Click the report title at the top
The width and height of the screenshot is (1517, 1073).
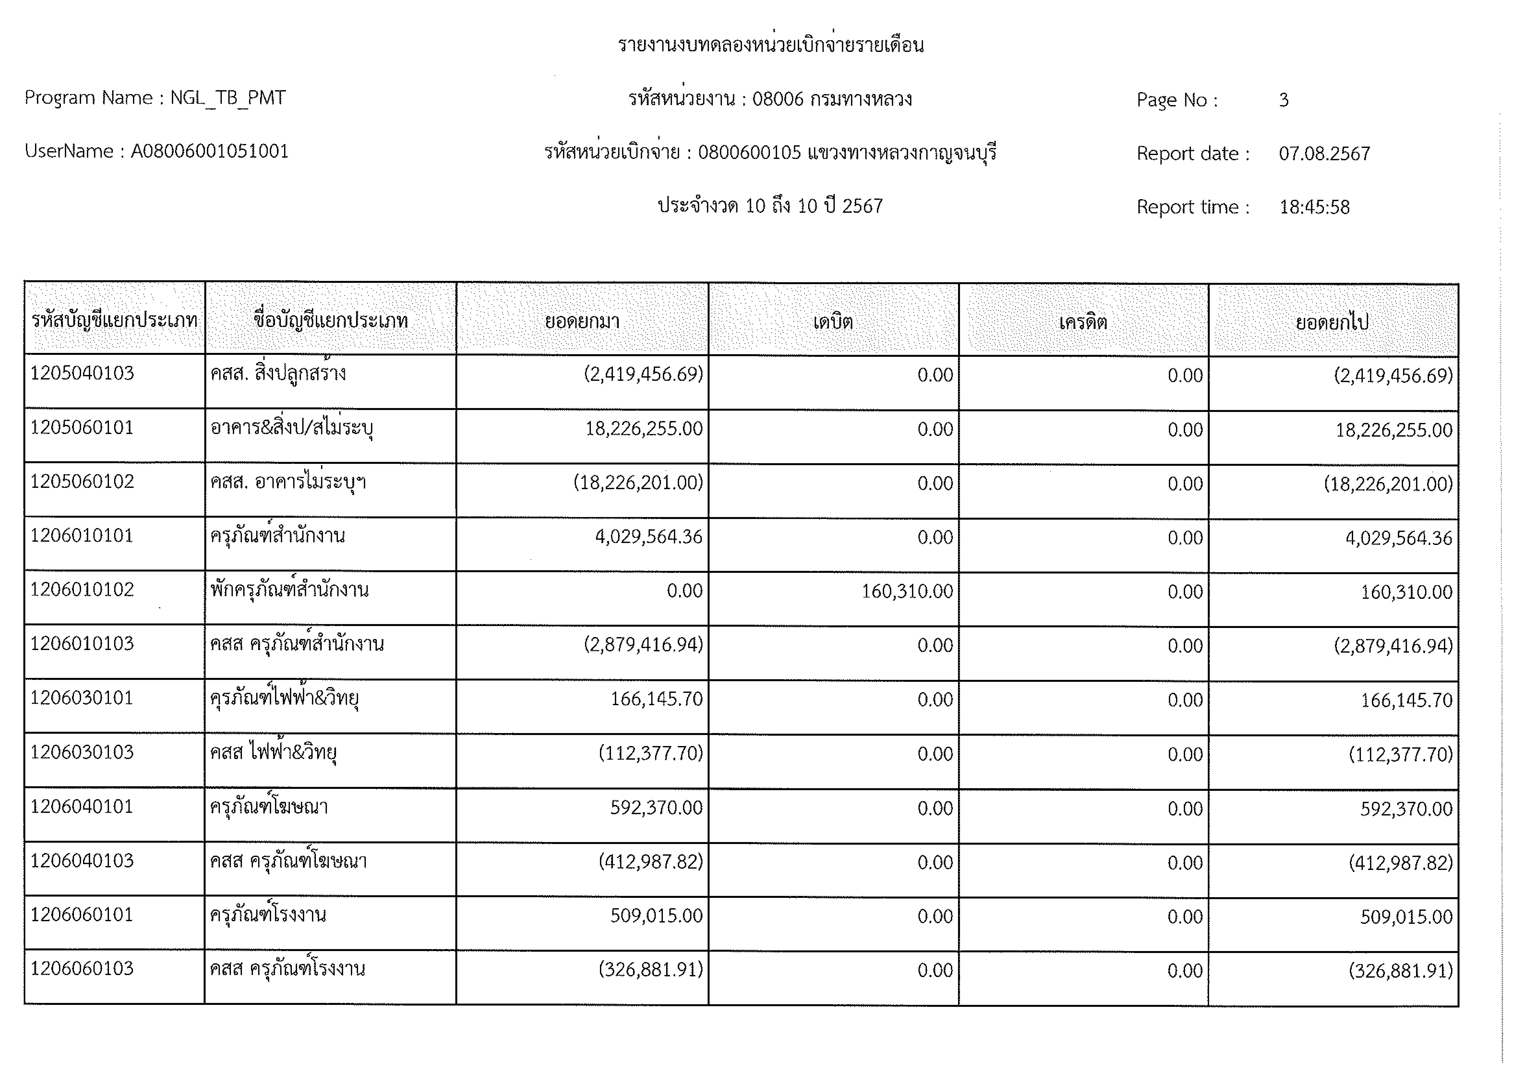tap(770, 45)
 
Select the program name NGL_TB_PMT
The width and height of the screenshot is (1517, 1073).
tap(228, 98)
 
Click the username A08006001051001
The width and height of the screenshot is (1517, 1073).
tap(209, 151)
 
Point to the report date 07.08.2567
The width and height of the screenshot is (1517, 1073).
tap(1324, 153)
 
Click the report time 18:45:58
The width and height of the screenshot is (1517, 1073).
tap(1314, 207)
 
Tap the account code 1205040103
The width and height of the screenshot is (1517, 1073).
tap(82, 373)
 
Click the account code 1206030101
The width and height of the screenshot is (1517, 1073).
tap(82, 698)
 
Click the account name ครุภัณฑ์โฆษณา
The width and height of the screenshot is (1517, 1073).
tap(269, 807)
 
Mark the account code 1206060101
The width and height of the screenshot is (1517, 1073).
tap(82, 914)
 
